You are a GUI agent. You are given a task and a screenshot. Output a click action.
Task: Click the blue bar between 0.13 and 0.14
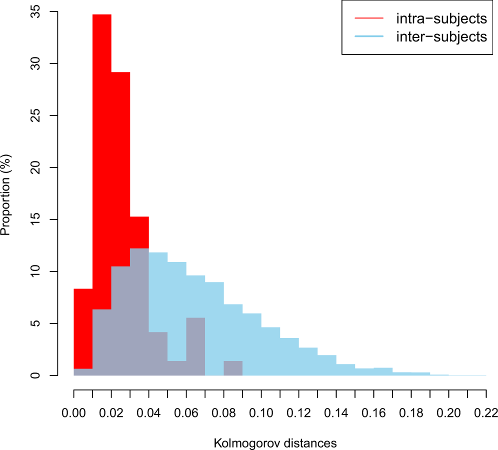click(326, 365)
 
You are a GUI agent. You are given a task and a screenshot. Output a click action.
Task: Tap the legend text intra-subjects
click(441, 19)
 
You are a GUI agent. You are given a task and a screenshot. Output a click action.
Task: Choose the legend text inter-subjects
click(441, 36)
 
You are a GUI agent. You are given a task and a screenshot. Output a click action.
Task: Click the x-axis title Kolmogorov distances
click(275, 443)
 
